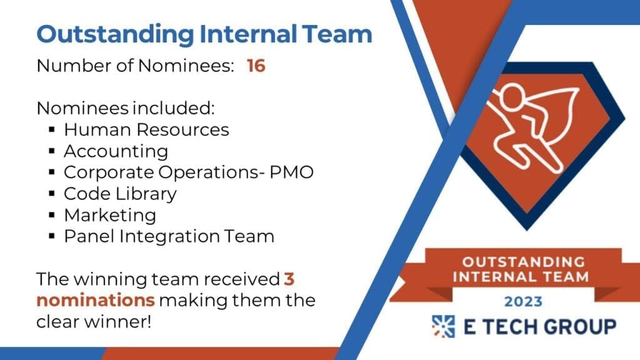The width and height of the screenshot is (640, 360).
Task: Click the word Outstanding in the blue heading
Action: [115, 35]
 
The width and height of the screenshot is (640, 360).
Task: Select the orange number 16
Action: [256, 66]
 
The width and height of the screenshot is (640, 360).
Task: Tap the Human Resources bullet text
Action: [146, 130]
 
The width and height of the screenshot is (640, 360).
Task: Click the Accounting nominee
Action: [116, 152]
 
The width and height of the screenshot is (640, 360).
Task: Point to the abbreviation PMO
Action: [291, 172]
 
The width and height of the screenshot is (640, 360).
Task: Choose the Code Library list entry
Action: [121, 194]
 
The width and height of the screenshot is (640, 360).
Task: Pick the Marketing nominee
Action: [110, 216]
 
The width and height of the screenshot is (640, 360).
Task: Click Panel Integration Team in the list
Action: [169, 236]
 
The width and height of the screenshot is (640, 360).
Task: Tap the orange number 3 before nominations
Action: [289, 279]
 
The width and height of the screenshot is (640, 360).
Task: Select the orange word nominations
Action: [96, 301]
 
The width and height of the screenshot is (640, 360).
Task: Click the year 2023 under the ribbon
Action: [523, 302]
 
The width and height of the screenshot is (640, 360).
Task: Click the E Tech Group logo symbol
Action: [443, 326]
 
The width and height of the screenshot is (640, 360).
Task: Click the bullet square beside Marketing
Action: [52, 215]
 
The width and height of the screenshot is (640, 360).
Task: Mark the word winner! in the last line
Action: [117, 322]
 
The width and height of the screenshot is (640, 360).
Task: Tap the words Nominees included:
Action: [125, 108]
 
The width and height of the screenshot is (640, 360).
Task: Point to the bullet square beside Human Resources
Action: [52, 130]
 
